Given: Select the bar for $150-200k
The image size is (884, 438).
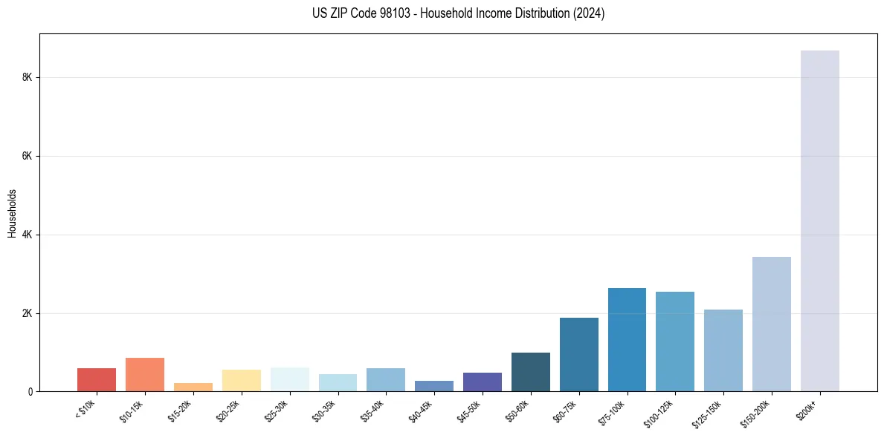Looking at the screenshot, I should click(771, 324).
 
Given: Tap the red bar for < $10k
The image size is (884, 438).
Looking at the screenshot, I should click(97, 379).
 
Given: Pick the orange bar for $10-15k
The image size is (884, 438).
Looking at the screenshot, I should click(144, 374).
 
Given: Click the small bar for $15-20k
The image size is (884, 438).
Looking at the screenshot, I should click(193, 387).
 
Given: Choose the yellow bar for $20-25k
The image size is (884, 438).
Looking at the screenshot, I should click(241, 380).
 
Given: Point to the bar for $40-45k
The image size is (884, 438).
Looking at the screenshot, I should click(433, 386).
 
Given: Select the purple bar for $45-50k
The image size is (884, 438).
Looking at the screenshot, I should click(482, 382).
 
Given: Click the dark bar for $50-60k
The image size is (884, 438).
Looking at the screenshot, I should click(530, 372).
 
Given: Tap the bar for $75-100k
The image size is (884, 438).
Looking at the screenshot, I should click(627, 339).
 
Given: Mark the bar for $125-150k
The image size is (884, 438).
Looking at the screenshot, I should click(723, 350).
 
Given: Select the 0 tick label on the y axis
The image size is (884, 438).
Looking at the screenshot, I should click(30, 392).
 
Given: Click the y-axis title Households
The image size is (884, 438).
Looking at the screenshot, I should click(12, 213).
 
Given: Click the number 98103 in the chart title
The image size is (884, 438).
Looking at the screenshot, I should click(395, 13).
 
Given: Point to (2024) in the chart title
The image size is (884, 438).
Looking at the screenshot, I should click(588, 13).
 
